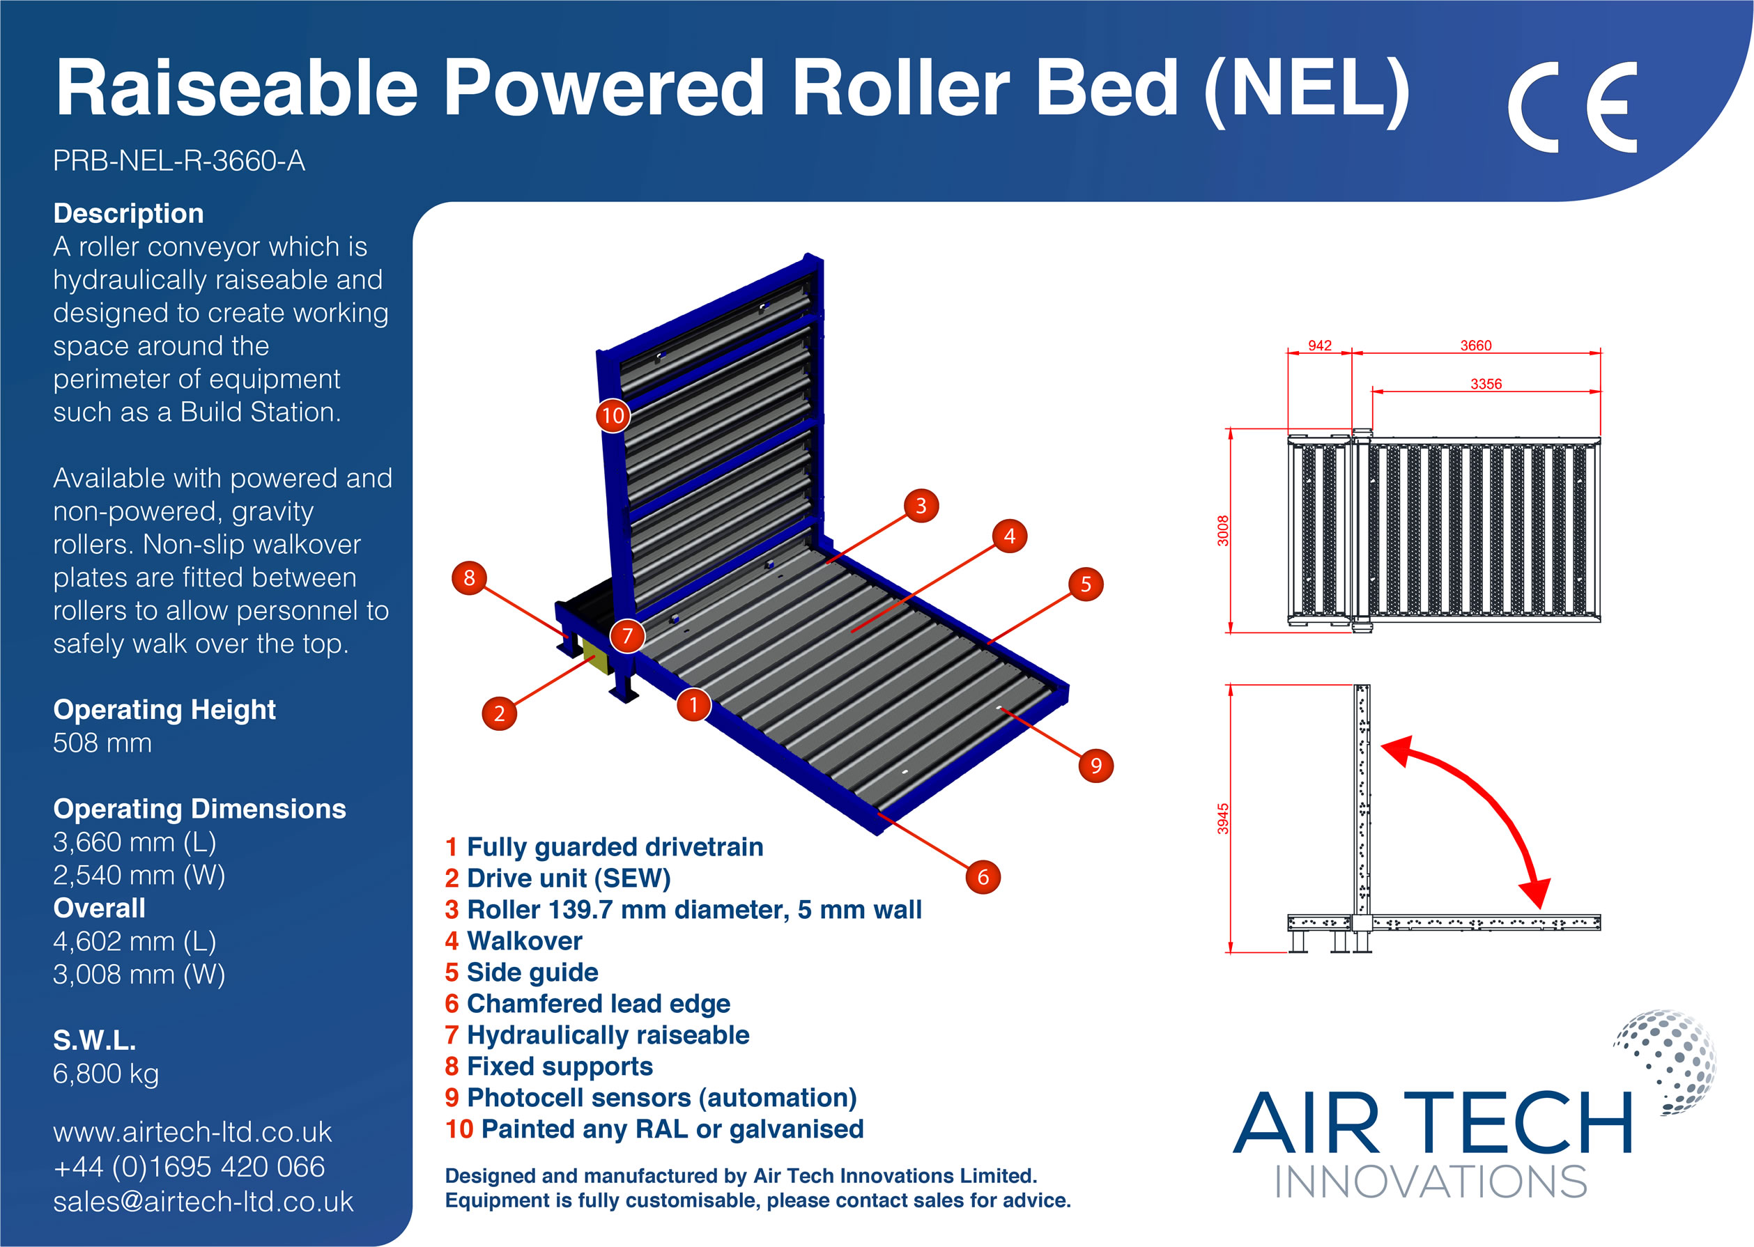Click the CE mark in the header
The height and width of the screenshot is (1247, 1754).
click(1571, 107)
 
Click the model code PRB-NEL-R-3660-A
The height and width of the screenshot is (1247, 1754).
click(179, 160)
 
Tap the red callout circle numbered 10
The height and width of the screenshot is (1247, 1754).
click(613, 415)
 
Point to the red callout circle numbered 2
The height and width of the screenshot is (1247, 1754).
click(499, 713)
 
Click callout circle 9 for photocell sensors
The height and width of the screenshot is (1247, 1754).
click(1096, 766)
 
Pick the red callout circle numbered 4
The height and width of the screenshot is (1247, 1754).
click(1009, 536)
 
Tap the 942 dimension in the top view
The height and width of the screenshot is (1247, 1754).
click(1319, 346)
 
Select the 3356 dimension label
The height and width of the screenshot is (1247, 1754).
click(1485, 384)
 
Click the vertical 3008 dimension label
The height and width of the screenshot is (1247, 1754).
click(1222, 531)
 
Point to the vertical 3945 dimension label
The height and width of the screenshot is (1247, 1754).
click(1222, 819)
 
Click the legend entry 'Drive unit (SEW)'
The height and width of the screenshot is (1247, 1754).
click(557, 878)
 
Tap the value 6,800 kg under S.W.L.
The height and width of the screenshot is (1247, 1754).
click(106, 1074)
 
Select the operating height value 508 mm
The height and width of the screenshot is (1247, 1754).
click(102, 743)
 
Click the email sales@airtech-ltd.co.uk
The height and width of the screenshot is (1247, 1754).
click(203, 1202)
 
